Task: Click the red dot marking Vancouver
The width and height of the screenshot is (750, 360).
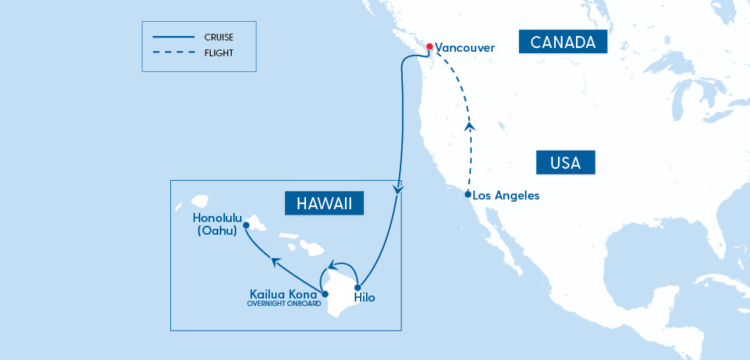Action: [429, 46]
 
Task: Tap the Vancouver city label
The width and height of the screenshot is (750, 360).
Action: [465, 47]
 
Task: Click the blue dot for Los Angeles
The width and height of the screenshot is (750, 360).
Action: [468, 194]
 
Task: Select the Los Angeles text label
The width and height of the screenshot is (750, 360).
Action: [506, 195]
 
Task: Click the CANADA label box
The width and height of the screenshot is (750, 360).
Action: [562, 42]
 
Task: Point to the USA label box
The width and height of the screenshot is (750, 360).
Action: [565, 161]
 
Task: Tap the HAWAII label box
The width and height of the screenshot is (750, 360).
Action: [324, 202]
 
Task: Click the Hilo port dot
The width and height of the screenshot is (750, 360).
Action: [358, 288]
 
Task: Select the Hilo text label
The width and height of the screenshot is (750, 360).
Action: [365, 298]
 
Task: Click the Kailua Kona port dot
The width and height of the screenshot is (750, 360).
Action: [325, 294]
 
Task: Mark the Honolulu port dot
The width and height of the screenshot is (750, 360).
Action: [246, 223]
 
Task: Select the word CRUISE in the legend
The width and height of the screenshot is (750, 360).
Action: [219, 36]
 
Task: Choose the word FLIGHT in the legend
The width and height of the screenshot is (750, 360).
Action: [218, 53]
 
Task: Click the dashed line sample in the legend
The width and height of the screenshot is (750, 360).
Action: [172, 53]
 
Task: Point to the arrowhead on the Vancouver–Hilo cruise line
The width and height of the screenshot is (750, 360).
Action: [398, 192]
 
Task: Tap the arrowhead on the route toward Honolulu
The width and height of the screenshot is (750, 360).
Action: [276, 261]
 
